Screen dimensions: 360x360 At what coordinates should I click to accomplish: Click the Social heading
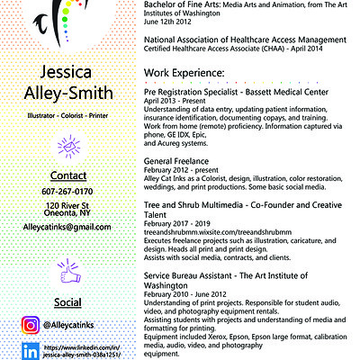(64, 301)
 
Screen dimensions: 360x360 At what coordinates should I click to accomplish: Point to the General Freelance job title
(179, 159)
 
